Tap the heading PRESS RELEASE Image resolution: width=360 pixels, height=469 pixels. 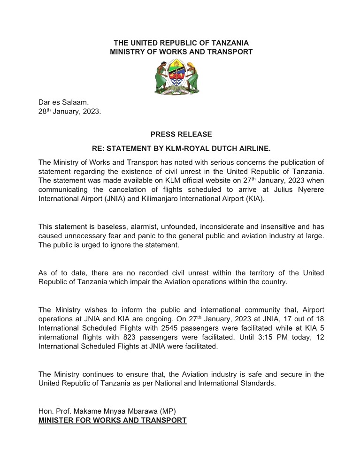pyautogui.click(x=181, y=135)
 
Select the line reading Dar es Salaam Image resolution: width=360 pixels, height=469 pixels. pyautogui.click(x=60, y=102)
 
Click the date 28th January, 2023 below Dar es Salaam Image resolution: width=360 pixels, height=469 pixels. pyautogui.click(x=69, y=112)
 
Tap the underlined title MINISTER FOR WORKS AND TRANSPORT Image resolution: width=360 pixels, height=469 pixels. pyautogui.click(x=113, y=420)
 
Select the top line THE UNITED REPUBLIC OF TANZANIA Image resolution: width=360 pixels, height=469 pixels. pyautogui.click(x=181, y=43)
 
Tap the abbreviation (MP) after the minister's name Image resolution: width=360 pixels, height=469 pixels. pyautogui.click(x=168, y=411)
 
